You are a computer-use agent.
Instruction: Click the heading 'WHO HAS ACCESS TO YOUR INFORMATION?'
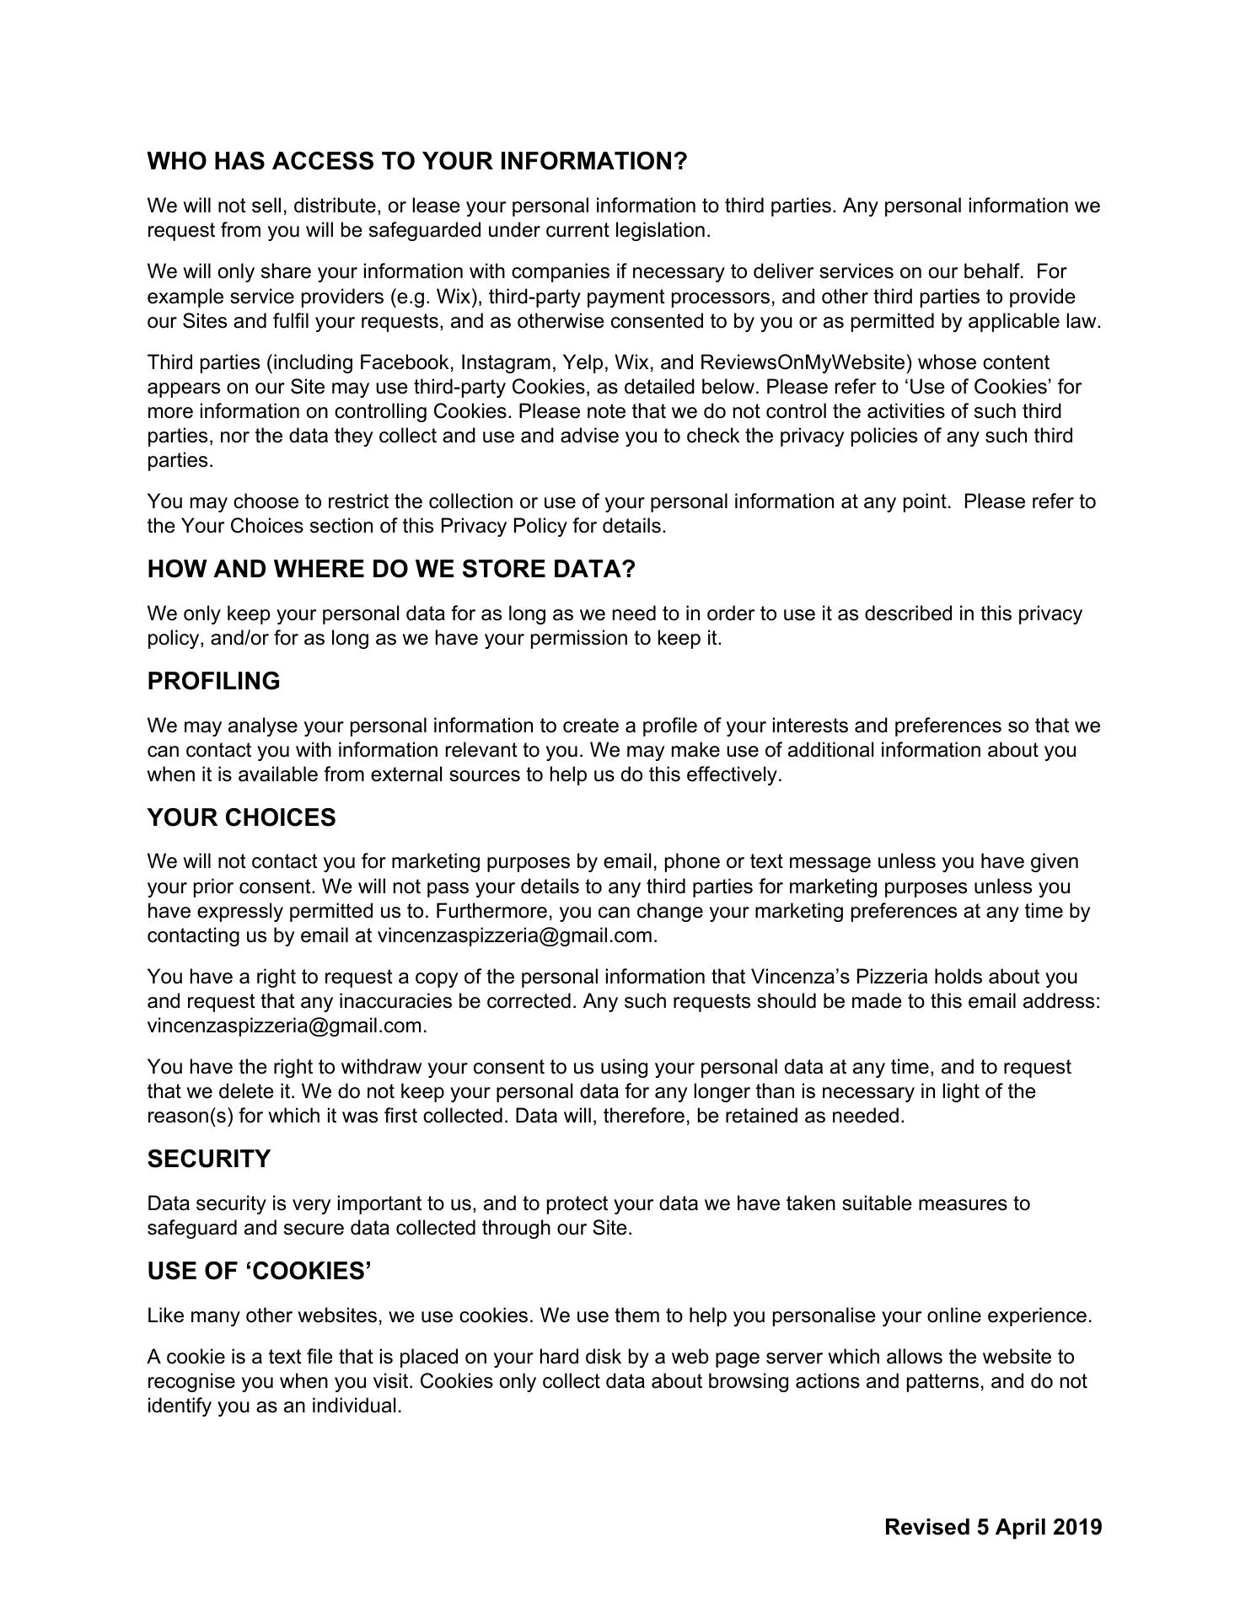coord(417,161)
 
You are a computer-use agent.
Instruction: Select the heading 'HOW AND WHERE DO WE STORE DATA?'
coord(391,569)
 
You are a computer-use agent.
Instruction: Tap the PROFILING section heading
coord(213,681)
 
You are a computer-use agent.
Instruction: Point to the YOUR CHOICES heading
coord(241,817)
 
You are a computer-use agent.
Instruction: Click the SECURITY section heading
coord(209,1159)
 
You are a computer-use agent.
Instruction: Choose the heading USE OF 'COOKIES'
coord(260,1271)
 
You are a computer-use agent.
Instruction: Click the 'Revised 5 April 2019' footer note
coord(993,1527)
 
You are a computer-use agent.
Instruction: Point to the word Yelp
coord(583,362)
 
